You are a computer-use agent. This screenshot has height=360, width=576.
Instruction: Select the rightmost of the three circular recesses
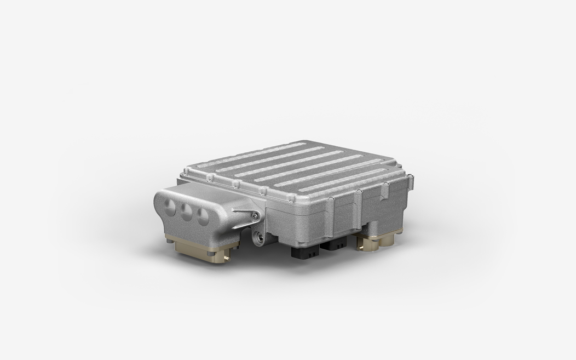(x=203, y=216)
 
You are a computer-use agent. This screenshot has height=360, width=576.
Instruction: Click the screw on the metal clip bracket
(x=256, y=218)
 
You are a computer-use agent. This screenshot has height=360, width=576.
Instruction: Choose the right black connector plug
(x=332, y=246)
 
